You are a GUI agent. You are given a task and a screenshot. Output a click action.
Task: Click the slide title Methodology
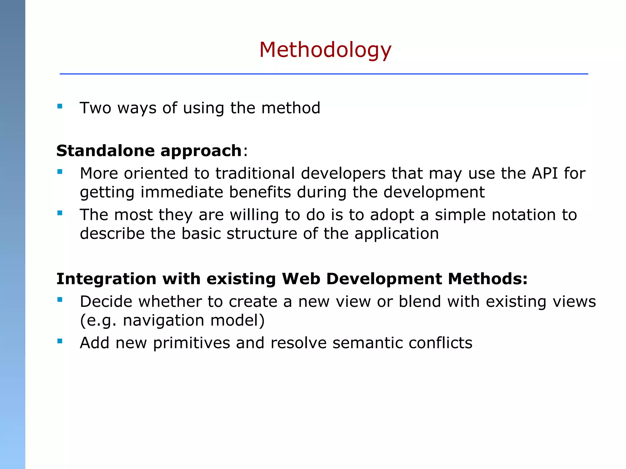tap(325, 50)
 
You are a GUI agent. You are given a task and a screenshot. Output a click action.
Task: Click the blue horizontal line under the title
tap(323, 74)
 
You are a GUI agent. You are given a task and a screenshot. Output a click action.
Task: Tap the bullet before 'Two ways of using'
tap(60, 107)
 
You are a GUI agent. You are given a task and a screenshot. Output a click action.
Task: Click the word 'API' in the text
tap(545, 173)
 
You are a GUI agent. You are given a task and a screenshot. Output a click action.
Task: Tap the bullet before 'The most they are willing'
tap(60, 213)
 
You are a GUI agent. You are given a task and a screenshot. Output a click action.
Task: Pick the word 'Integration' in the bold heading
tap(106, 279)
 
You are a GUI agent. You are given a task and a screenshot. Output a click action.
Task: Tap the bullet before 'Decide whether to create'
tap(60, 300)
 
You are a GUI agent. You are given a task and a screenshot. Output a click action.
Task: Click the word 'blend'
tap(420, 302)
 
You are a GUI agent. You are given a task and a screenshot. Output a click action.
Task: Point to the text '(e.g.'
tap(98, 321)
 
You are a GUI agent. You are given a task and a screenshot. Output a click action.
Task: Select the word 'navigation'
tap(164, 321)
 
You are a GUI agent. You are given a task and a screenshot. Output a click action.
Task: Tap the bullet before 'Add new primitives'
tap(60, 341)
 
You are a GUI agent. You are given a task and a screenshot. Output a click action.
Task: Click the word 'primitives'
tap(191, 343)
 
